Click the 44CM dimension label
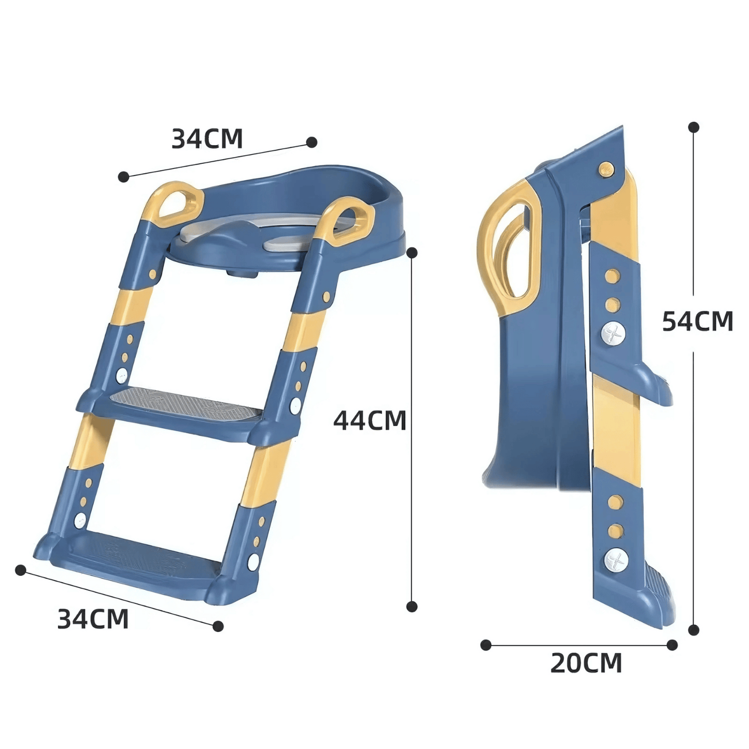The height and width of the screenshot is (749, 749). pyautogui.click(x=370, y=420)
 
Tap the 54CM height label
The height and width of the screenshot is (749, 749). pyautogui.click(x=697, y=321)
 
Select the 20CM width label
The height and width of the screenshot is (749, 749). pyautogui.click(x=586, y=663)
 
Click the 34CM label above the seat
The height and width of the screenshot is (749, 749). pyautogui.click(x=207, y=138)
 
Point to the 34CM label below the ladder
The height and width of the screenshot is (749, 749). pyautogui.click(x=93, y=619)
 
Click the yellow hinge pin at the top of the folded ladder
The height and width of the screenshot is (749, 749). pyautogui.click(x=605, y=168)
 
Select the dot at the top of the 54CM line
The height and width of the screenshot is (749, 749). pyautogui.click(x=694, y=127)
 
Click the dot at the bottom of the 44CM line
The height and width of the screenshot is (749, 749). pyautogui.click(x=412, y=606)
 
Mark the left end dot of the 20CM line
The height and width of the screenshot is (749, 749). pyautogui.click(x=486, y=645)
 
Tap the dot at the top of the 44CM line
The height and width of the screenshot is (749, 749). pyautogui.click(x=412, y=252)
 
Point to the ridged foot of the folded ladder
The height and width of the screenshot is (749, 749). pyautogui.click(x=661, y=596)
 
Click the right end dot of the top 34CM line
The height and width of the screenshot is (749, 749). pyautogui.click(x=312, y=142)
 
